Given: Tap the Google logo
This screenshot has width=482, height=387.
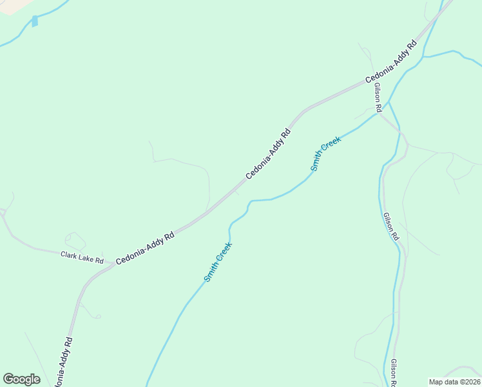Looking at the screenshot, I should [21, 379].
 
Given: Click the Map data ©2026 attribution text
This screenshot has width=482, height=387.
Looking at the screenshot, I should [454, 382].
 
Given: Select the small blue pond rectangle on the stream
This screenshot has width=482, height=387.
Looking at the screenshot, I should [35, 21].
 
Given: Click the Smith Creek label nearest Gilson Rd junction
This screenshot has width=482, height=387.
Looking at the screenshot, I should [325, 154].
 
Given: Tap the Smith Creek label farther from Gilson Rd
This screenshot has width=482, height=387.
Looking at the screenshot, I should [218, 261].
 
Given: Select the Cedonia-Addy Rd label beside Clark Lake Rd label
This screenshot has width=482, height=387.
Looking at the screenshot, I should [146, 248].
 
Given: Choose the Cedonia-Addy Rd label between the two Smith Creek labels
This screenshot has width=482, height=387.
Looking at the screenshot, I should [268, 154].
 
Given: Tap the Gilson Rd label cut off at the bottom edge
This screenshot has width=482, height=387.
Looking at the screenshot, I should [394, 373].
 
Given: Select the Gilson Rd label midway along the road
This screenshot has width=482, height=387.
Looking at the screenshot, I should [390, 227].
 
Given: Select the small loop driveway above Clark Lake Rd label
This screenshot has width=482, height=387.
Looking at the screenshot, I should [75, 241].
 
